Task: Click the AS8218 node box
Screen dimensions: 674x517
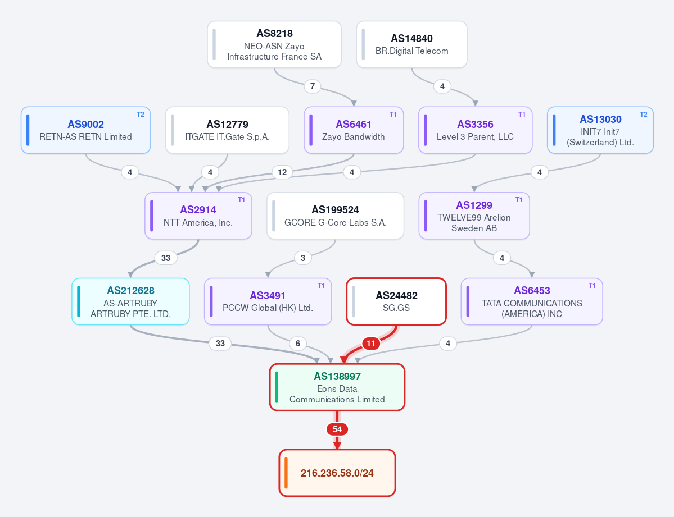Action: point(274,45)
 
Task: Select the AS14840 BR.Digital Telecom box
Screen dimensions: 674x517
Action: point(412,45)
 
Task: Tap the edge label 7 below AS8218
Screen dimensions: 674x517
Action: point(313,86)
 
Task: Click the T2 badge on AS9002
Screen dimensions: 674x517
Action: point(141,114)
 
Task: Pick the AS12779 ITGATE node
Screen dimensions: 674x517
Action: point(228,130)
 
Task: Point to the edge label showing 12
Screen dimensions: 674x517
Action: point(282,172)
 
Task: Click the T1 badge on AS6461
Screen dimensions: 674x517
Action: point(393,114)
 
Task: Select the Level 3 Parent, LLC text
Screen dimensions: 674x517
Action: point(475,136)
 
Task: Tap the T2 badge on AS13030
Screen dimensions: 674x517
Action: point(644,114)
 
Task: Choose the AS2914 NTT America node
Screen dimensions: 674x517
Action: point(198,216)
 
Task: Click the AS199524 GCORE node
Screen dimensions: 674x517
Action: point(335,216)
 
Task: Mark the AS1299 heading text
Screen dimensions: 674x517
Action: point(474,205)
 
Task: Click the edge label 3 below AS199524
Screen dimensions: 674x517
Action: point(303,258)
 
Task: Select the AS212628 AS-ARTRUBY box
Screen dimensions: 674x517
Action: point(130,301)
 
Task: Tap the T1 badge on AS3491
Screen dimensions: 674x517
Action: point(321,286)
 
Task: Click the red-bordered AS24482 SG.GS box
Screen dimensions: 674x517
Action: point(396,301)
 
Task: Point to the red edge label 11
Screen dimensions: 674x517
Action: point(371,344)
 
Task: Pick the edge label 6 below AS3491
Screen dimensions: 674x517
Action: point(298,344)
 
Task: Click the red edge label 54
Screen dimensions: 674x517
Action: point(337,429)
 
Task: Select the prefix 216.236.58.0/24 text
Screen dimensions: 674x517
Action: point(337,473)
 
